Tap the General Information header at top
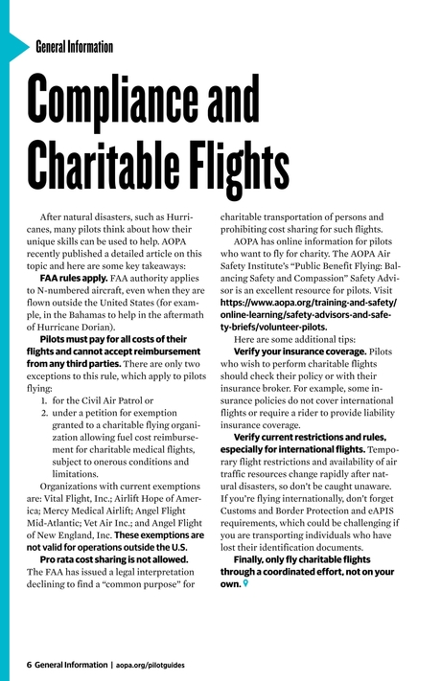[x=74, y=47]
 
